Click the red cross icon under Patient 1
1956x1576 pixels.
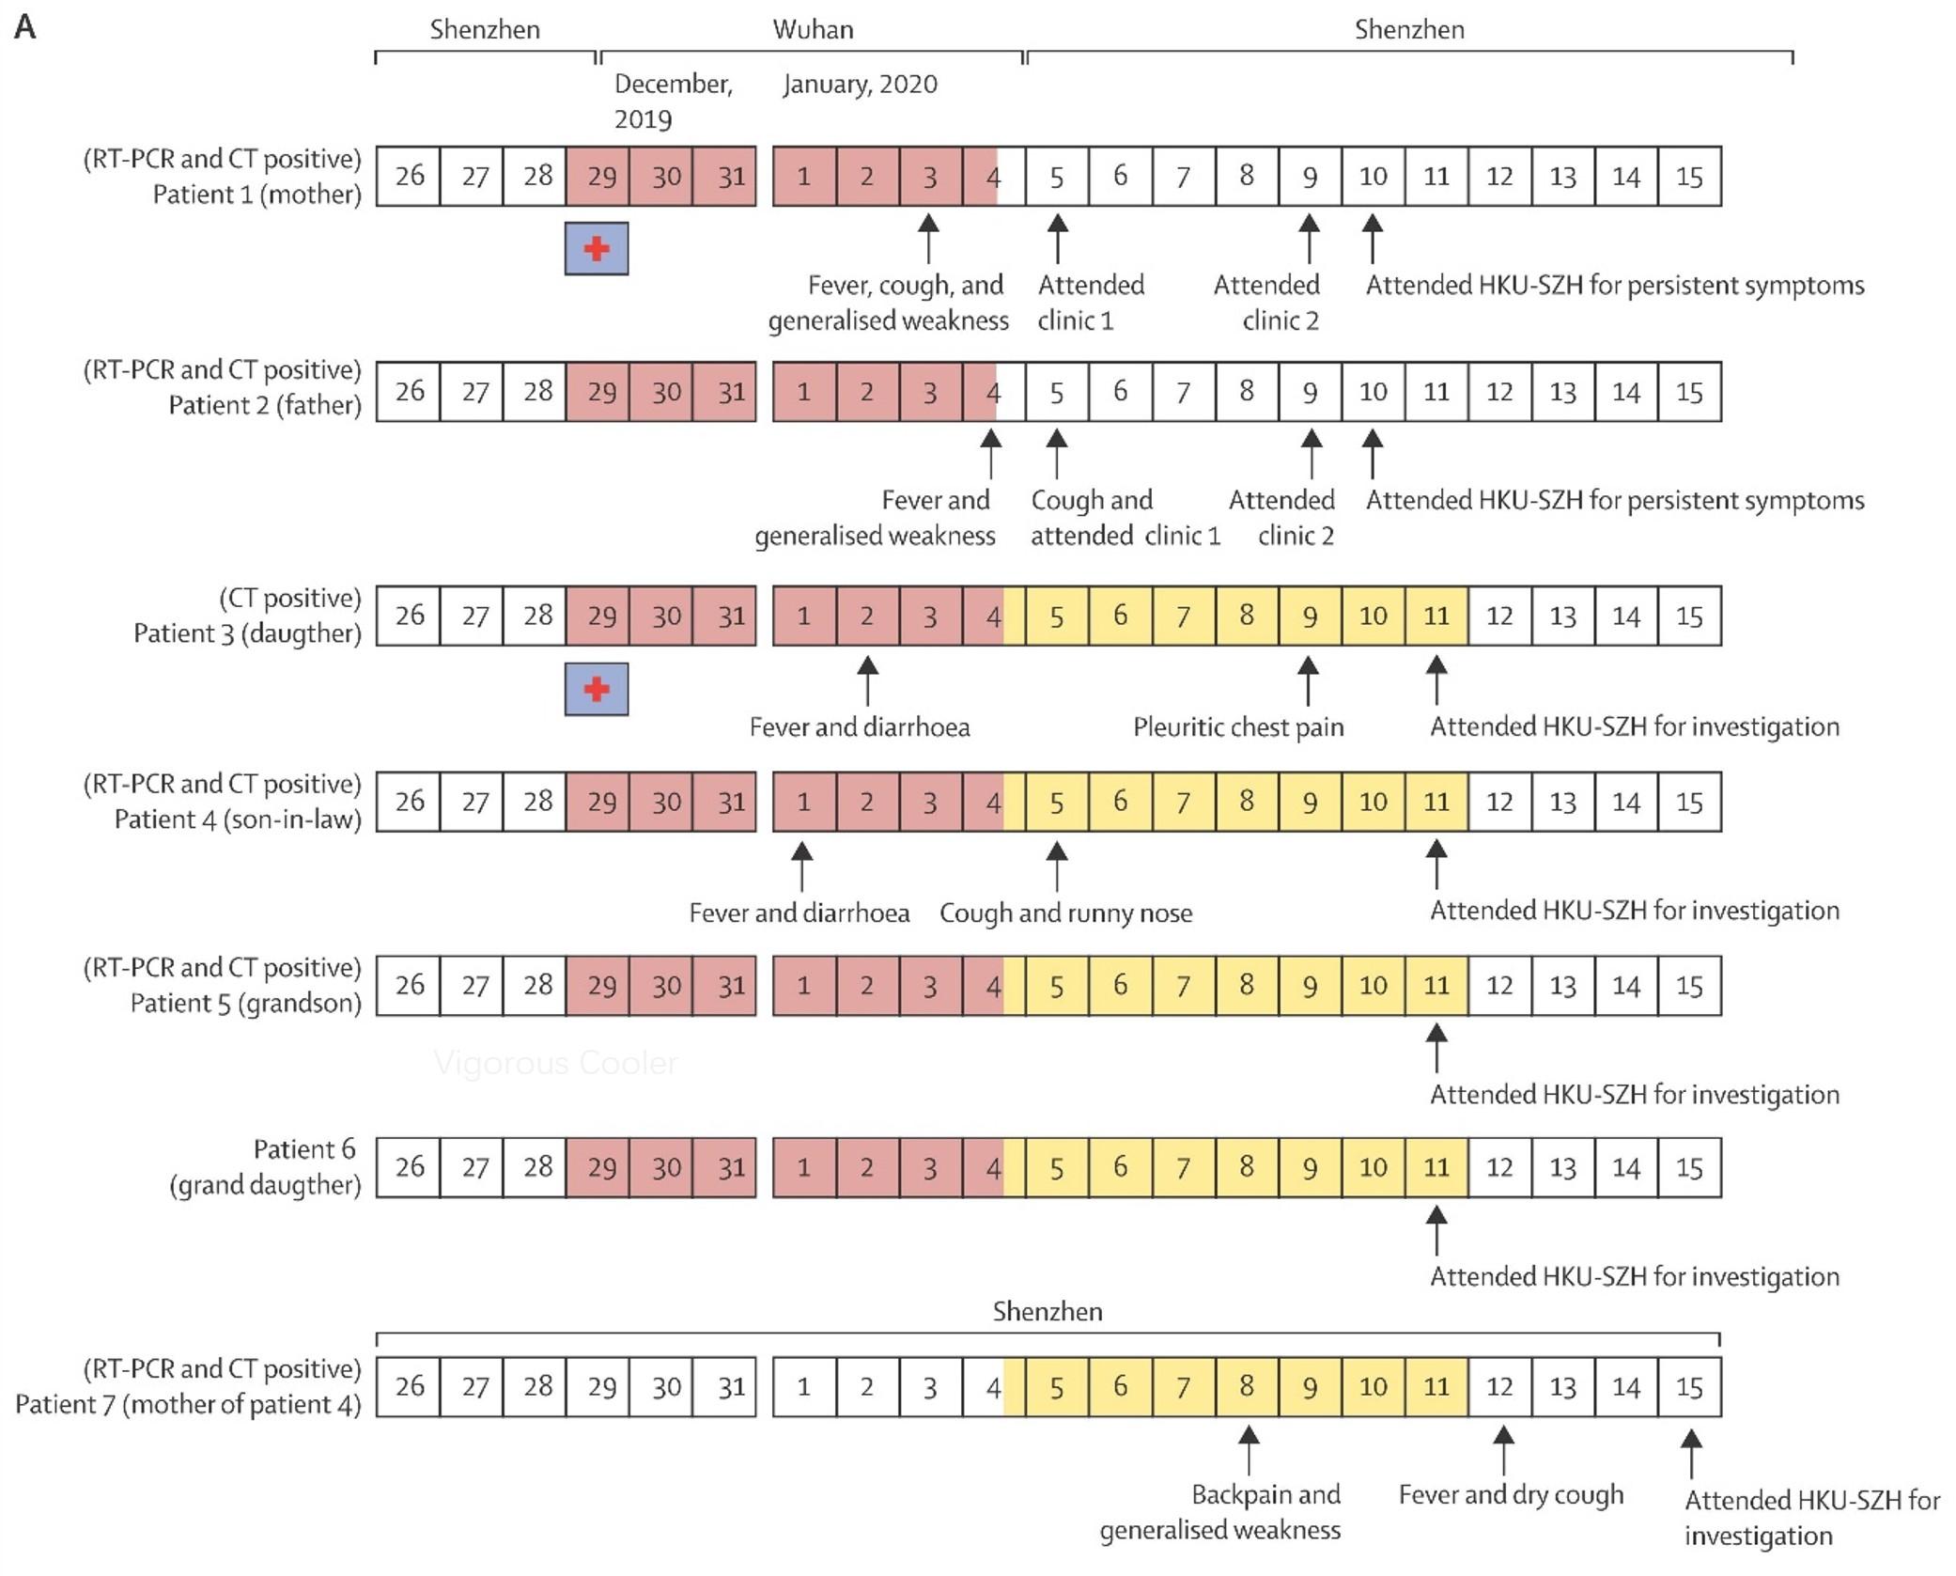(597, 249)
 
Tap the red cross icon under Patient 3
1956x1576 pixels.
(597, 690)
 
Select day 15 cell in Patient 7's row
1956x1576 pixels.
(1689, 1387)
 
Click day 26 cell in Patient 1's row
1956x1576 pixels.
(409, 176)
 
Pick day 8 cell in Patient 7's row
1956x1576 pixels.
(1247, 1387)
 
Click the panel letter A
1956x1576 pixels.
(25, 27)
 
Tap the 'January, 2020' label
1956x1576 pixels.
(860, 85)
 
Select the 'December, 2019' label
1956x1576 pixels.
(672, 101)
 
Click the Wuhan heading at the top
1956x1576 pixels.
(813, 29)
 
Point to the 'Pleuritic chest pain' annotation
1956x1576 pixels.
(1238, 727)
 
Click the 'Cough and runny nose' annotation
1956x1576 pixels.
(1065, 913)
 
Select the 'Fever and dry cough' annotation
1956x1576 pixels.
(1511, 1494)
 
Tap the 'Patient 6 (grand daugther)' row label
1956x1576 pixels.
(265, 1167)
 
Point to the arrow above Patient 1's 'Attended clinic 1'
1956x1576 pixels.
(1058, 238)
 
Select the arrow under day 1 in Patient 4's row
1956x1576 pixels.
(801, 866)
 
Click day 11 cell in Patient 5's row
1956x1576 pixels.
(1436, 986)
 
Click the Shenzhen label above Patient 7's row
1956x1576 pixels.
(1048, 1312)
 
